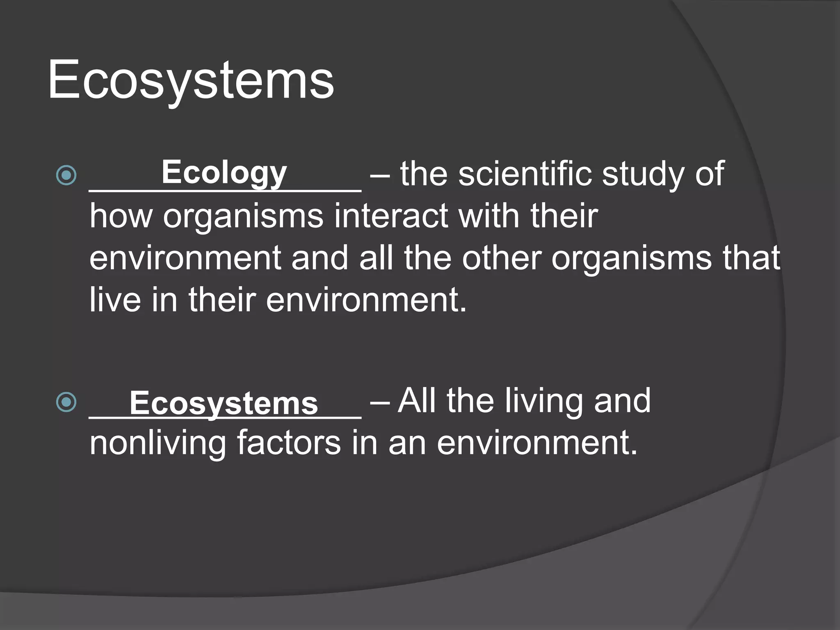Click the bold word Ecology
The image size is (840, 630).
tap(224, 172)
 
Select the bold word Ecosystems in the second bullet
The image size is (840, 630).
tap(224, 403)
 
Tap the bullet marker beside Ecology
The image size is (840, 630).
tap(66, 175)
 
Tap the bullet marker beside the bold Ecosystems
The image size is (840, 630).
tap(66, 402)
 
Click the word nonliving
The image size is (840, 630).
tap(158, 444)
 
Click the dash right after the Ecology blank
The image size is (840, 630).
tap(380, 175)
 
